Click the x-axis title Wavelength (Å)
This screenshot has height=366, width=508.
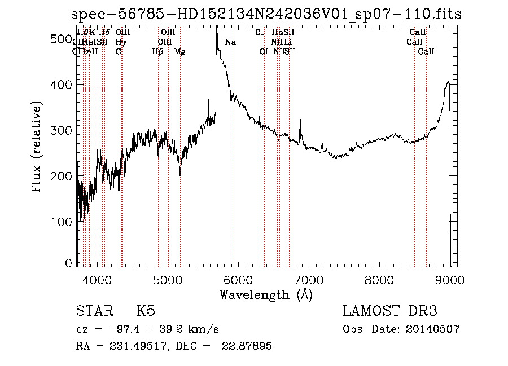click(266, 294)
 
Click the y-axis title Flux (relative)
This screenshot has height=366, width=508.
click(37, 148)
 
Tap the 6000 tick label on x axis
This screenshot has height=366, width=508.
click(238, 279)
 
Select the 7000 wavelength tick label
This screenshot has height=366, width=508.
click(309, 279)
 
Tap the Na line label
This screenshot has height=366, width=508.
click(230, 42)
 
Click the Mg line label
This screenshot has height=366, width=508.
click(179, 52)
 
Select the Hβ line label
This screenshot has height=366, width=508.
click(158, 52)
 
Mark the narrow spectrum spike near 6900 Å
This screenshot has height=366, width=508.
click(300, 120)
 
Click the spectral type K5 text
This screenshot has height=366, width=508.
click(146, 311)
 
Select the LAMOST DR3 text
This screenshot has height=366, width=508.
click(390, 311)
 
